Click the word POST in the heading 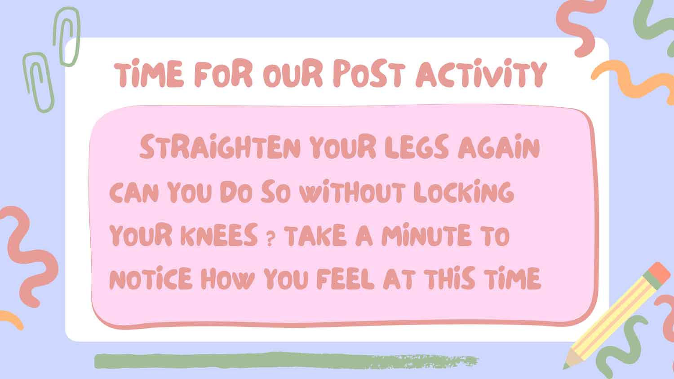point(369,74)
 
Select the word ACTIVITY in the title point(481,74)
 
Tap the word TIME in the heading point(149,74)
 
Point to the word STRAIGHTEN point(220,146)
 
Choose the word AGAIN point(499,146)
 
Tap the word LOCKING point(464,191)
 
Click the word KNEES point(219,234)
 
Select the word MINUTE point(426,234)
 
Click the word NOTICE point(151,278)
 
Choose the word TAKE point(315,234)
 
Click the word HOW point(228,278)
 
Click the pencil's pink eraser point(659,273)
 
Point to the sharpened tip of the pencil point(565,368)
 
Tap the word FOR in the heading point(223,74)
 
